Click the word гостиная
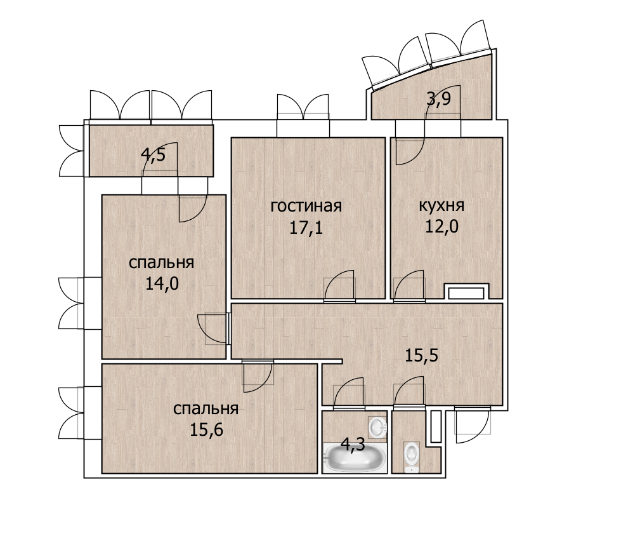pos(306,206)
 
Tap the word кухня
pos(441,206)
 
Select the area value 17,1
pos(306,227)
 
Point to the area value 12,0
pos(441,226)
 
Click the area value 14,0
pos(162,283)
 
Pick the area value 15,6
pos(206,429)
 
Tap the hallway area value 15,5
pos(421,356)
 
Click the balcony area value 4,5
pos(153,154)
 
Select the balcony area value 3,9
pos(438,98)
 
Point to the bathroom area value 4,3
pos(353,445)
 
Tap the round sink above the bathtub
pos(377,428)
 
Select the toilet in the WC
pos(412,457)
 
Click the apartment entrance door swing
pos(473,425)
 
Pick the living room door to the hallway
pos(339,285)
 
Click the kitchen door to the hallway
pos(409,285)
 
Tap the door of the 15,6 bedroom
pos(258,376)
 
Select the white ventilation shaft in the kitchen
pos(466,293)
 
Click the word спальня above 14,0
pos(162,263)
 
